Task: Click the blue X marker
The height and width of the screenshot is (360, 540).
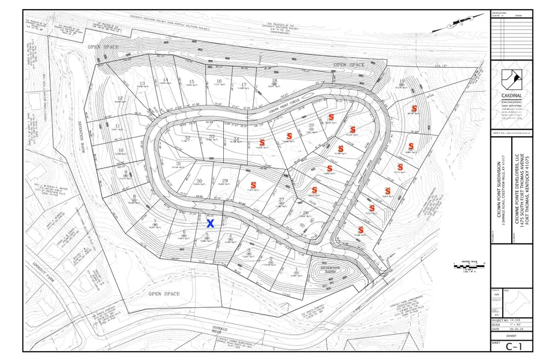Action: (x=211, y=223)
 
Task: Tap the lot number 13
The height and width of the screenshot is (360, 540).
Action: (x=142, y=83)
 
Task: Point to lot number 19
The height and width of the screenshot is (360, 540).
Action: (x=401, y=81)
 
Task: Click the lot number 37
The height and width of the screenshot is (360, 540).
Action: (x=311, y=125)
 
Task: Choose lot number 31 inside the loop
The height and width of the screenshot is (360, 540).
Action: (x=178, y=164)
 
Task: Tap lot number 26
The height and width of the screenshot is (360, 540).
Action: (x=306, y=213)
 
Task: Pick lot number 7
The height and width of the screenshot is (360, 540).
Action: (x=155, y=222)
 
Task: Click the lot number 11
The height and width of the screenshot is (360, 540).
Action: (x=116, y=126)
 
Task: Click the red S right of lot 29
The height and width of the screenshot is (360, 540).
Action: (x=253, y=185)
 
